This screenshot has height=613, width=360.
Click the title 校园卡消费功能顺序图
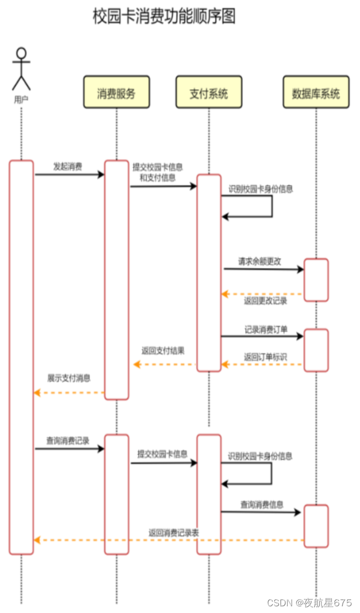coord(164,16)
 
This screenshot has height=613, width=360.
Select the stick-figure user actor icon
coord(21,69)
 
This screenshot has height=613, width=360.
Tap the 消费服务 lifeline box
coord(116,92)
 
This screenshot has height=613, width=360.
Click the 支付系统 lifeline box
coord(209,92)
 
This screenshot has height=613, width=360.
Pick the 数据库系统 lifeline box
coord(316,92)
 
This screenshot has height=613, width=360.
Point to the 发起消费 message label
coord(68,166)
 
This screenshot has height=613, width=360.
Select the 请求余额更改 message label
coord(259,261)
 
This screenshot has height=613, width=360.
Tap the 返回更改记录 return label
coord(265,301)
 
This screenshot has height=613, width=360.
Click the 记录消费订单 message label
coord(266,330)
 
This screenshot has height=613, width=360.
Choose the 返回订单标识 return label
coord(265,357)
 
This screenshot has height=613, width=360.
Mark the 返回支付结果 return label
coord(163,351)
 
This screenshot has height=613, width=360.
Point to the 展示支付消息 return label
coord(69,378)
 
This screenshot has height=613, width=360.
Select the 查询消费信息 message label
coord(262,504)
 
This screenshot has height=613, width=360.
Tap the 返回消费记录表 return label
coord(174,533)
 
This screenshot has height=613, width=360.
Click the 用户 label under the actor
coord(21,99)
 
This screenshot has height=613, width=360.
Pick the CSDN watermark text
coord(309,602)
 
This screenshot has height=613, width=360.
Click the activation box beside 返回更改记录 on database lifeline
coord(316,280)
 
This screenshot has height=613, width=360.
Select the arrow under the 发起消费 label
coord(69,175)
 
